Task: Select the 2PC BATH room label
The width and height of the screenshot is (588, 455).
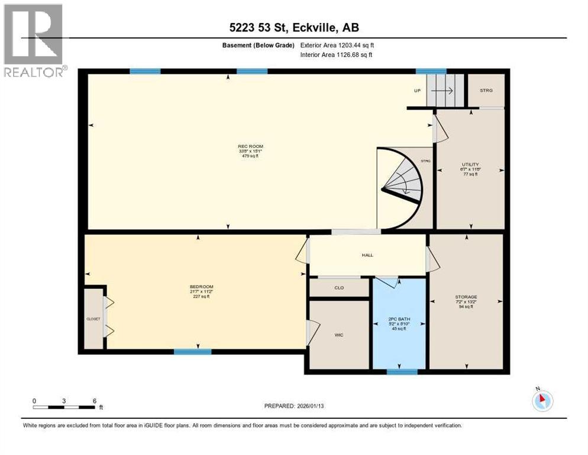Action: pyautogui.click(x=398, y=321)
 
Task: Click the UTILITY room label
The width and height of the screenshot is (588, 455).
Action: pyautogui.click(x=470, y=165)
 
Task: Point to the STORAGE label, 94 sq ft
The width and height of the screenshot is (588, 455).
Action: pyautogui.click(x=466, y=297)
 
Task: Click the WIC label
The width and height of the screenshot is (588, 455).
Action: pyautogui.click(x=338, y=335)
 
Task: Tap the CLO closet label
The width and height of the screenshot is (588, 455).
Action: pyautogui.click(x=339, y=288)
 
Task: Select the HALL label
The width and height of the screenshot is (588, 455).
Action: pyautogui.click(x=368, y=255)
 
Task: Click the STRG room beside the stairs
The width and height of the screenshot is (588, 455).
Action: pyautogui.click(x=486, y=90)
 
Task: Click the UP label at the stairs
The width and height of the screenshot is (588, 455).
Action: pyautogui.click(x=416, y=91)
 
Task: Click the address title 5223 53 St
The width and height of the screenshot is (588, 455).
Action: pyautogui.click(x=293, y=27)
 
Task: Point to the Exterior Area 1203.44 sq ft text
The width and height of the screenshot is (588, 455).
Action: pyautogui.click(x=337, y=45)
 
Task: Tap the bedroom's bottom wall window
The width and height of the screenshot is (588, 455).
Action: pyautogui.click(x=192, y=351)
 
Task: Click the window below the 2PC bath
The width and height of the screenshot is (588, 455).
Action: pyautogui.click(x=402, y=372)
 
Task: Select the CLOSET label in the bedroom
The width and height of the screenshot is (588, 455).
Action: pyautogui.click(x=93, y=319)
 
